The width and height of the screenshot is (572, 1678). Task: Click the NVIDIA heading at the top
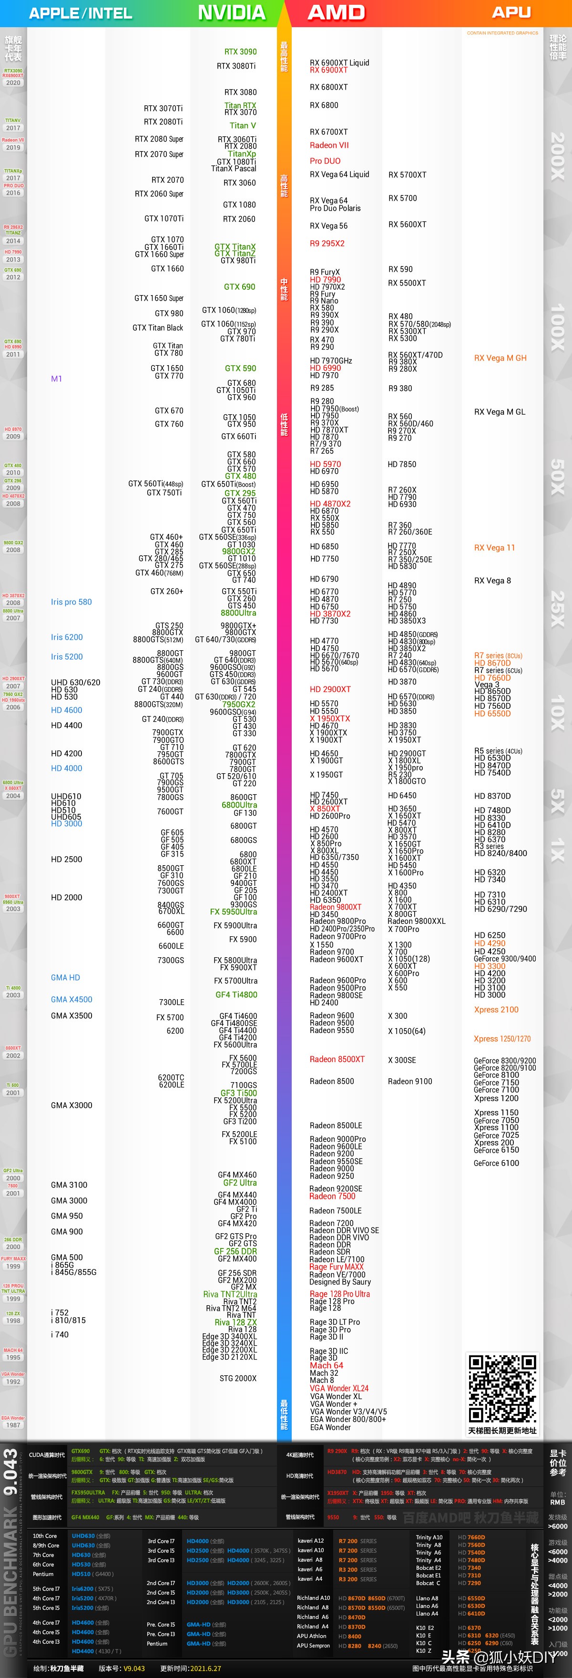pyautogui.click(x=231, y=12)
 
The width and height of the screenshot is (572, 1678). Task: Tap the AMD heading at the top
pyautogui.click(x=336, y=12)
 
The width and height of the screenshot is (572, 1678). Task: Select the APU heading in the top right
pyautogui.click(x=511, y=12)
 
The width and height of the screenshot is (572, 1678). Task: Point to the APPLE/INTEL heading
pyautogui.click(x=81, y=13)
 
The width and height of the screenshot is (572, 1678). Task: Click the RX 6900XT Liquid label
pyautogui.click(x=339, y=62)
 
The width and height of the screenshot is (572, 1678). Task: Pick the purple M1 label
pyautogui.click(x=57, y=379)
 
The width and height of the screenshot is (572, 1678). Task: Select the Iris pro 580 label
pyautogui.click(x=71, y=602)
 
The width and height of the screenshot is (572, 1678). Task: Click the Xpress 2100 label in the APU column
pyautogui.click(x=496, y=1010)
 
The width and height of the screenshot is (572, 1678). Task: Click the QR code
pyautogui.click(x=502, y=1388)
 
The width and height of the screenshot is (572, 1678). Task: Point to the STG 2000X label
pyautogui.click(x=238, y=1378)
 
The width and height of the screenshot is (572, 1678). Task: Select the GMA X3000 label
pyautogui.click(x=71, y=1105)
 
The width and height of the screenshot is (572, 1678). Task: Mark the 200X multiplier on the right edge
pyautogui.click(x=558, y=156)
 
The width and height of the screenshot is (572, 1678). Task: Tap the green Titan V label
pyautogui.click(x=242, y=126)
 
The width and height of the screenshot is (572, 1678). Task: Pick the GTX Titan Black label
pyautogui.click(x=158, y=327)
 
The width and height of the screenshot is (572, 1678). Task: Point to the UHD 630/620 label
pyautogui.click(x=76, y=682)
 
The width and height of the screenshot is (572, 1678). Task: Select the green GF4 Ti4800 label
pyautogui.click(x=236, y=995)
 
